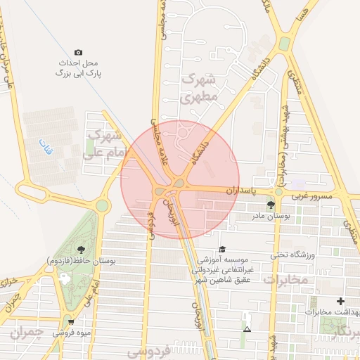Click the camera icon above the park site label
coord(78,53)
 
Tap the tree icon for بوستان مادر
coord(271,205)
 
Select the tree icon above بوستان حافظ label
coord(81,249)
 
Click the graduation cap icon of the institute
coord(222,249)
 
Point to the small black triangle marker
coord(247,329)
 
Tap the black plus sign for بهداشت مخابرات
coord(341,301)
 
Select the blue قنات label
coord(40,147)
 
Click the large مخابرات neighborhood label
coord(286,280)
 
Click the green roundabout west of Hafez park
coord(103,206)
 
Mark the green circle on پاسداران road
coord(279,191)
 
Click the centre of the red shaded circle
coord(180,179)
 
